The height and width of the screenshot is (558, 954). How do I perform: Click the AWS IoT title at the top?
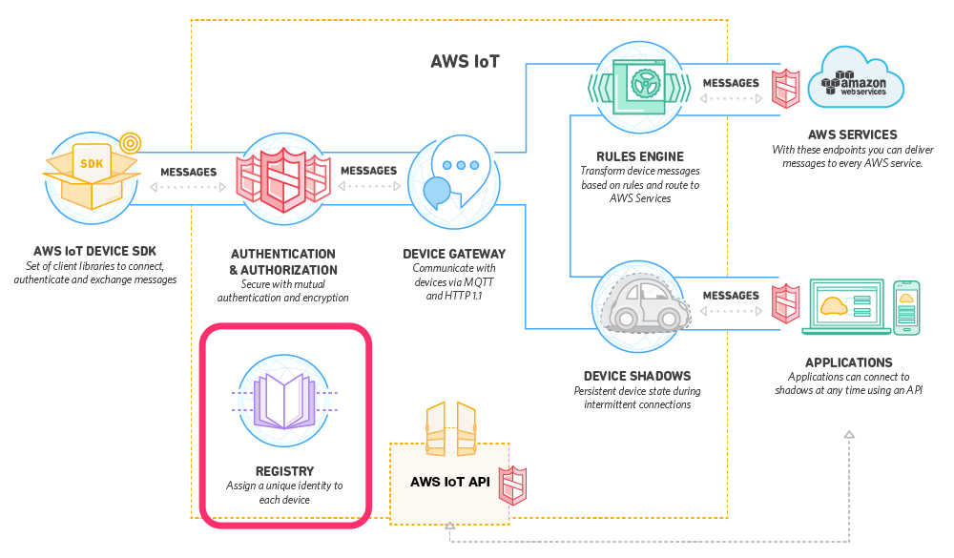[x=466, y=64]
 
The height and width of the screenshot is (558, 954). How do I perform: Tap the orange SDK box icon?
[x=90, y=176]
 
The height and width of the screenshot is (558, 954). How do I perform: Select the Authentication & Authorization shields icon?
[x=283, y=177]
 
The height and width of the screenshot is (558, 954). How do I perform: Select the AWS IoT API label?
[x=449, y=482]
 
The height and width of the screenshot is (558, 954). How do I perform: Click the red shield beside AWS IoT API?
[x=514, y=486]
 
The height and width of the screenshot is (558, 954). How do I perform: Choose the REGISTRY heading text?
[x=284, y=471]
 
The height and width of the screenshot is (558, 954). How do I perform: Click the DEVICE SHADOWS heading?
[x=636, y=376]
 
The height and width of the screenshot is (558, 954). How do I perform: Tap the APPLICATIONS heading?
[x=848, y=362]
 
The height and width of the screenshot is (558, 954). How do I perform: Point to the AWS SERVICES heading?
[x=852, y=135]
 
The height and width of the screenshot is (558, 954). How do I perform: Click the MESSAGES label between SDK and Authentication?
[x=188, y=173]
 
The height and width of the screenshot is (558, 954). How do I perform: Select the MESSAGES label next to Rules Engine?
[x=731, y=84]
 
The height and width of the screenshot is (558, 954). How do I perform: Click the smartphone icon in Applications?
[x=905, y=307]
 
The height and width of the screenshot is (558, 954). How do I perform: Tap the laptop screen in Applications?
[x=844, y=305]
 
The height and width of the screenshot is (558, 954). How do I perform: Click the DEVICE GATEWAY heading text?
[x=454, y=254]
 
